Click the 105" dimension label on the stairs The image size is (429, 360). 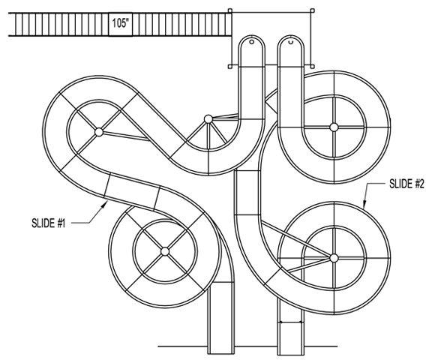[121, 24]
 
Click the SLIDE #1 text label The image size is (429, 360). [49, 223]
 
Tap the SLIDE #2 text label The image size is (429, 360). [406, 184]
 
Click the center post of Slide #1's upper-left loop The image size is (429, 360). [99, 132]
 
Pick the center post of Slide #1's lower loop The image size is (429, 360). [165, 251]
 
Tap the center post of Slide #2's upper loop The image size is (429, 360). [334, 127]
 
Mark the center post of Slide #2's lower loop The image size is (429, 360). [334, 258]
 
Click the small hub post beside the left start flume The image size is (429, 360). [208, 119]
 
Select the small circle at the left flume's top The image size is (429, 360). [251, 42]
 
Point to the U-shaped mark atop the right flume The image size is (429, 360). [291, 42]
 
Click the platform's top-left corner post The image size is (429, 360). [230, 10]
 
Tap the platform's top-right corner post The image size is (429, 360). [312, 10]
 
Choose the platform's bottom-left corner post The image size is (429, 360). [230, 66]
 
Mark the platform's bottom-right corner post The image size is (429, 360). [312, 66]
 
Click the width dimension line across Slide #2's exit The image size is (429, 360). [290, 322]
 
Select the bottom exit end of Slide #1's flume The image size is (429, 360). [221, 353]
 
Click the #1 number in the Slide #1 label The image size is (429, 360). [61, 223]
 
